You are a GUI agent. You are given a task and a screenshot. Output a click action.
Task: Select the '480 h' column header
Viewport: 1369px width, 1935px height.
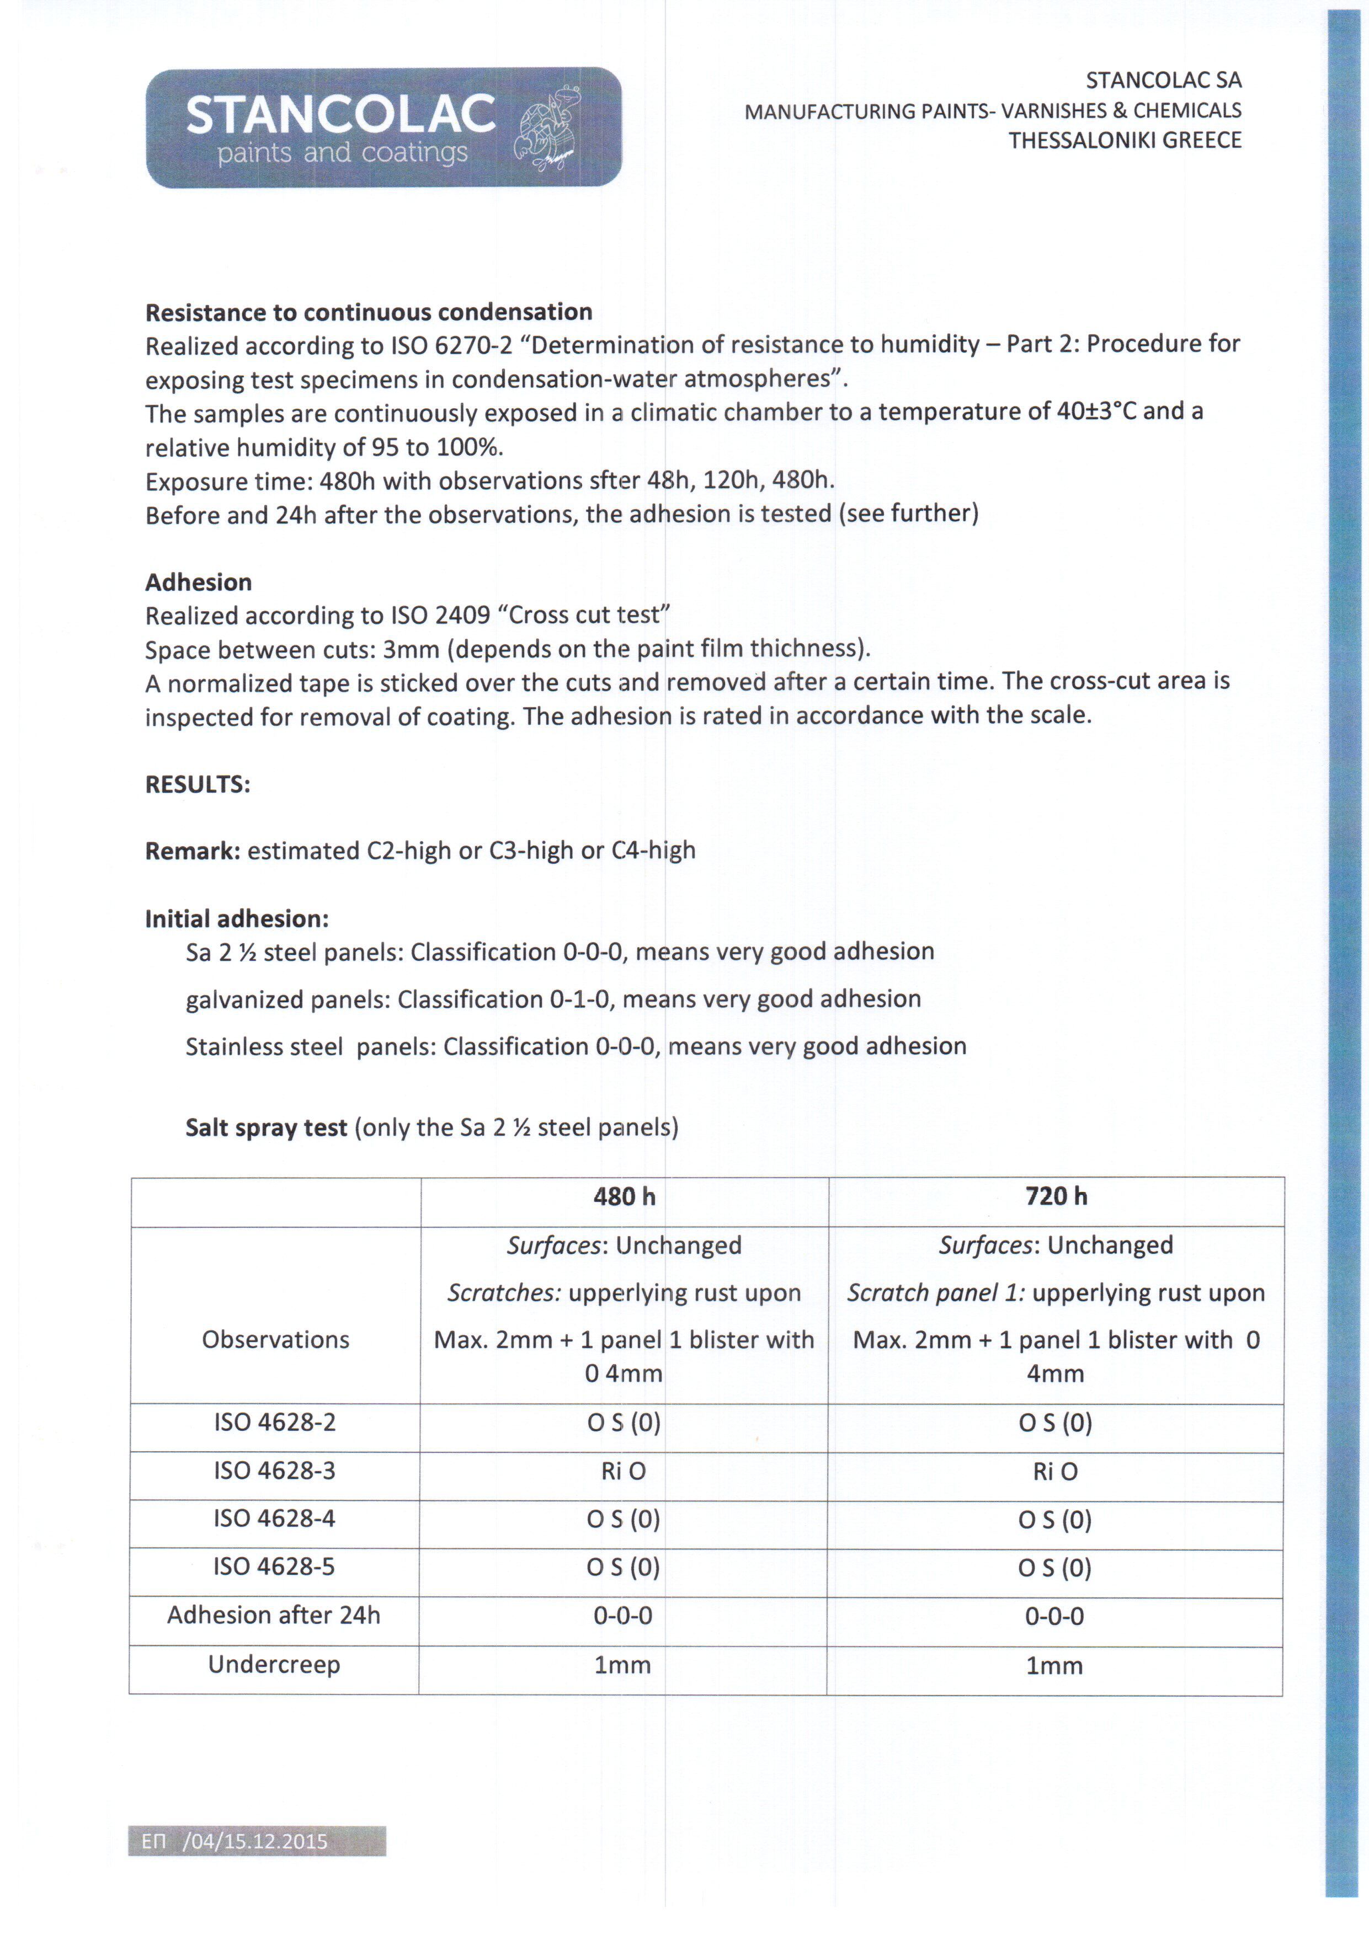click(x=624, y=1197)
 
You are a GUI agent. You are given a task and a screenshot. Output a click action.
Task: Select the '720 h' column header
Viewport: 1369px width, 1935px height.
click(x=1056, y=1197)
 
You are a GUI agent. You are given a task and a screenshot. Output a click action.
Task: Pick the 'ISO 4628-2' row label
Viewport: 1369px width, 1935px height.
click(x=275, y=1422)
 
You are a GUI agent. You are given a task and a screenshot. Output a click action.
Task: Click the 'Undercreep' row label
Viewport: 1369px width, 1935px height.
click(x=274, y=1665)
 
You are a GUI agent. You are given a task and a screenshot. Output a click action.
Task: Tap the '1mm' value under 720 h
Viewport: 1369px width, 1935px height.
click(x=1054, y=1665)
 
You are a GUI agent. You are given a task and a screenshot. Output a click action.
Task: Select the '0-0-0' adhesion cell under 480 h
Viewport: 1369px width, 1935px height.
click(x=623, y=1616)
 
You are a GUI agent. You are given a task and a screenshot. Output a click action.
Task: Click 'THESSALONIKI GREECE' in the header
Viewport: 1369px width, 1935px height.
click(x=1125, y=140)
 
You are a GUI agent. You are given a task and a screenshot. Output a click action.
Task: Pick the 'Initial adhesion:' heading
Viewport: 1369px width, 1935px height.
click(x=237, y=918)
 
